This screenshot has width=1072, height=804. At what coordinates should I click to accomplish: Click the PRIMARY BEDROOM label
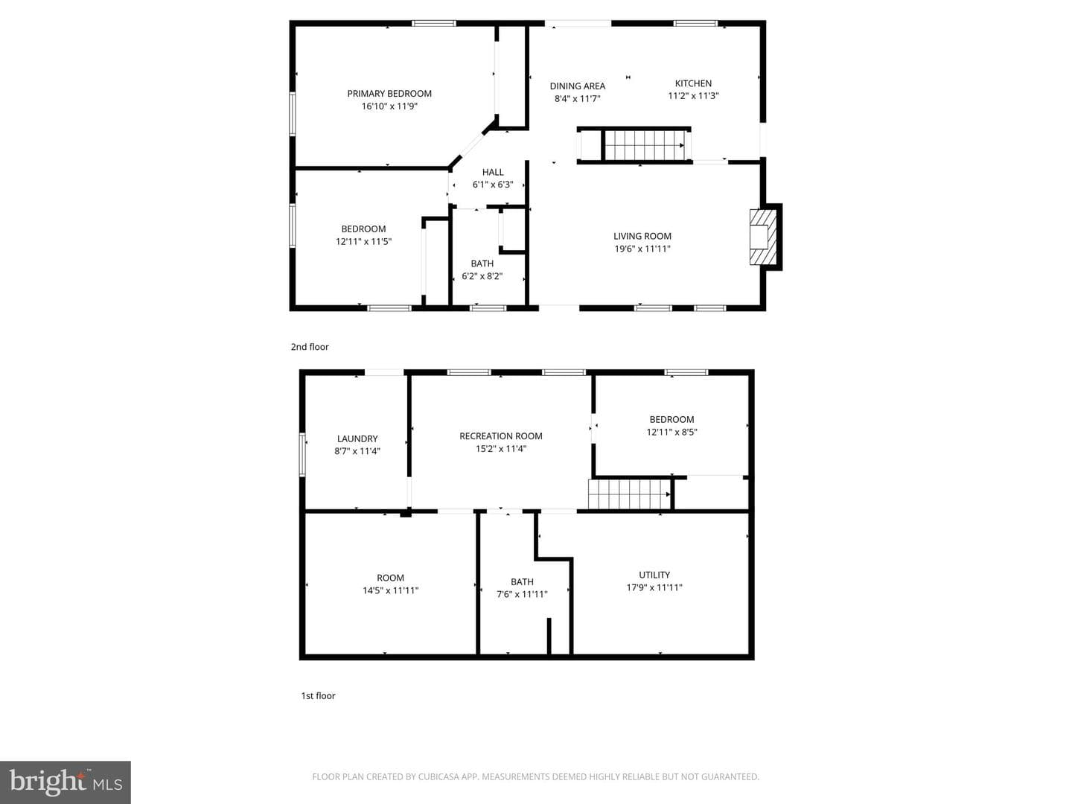pos(389,93)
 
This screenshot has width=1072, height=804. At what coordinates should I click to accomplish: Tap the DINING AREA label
pos(577,86)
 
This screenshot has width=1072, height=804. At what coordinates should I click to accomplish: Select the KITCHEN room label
pos(693,83)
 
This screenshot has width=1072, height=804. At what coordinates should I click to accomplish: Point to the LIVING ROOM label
pos(642,236)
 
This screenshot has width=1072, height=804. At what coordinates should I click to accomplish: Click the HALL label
pos(493,172)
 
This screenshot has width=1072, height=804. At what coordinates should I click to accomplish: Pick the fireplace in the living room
pos(763,237)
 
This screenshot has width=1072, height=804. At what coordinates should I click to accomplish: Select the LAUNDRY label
pos(357,439)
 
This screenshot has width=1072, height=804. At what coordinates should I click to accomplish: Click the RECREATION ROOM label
pos(500,436)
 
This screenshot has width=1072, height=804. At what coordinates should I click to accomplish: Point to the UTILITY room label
pos(654,575)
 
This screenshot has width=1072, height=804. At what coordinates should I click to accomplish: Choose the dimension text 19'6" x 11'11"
pos(642,249)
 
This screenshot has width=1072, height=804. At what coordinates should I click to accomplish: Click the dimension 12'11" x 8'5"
pos(671,432)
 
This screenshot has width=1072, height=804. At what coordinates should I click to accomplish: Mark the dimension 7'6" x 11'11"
pos(522,595)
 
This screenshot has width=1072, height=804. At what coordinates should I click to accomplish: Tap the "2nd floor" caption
pos(310,347)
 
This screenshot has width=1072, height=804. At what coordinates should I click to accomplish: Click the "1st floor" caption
pos(318,696)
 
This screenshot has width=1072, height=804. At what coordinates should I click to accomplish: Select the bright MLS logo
pos(66,782)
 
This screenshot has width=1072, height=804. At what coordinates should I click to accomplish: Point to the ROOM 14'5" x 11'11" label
pos(390,584)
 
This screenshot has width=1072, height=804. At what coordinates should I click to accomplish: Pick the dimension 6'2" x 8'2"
pos(482,276)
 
